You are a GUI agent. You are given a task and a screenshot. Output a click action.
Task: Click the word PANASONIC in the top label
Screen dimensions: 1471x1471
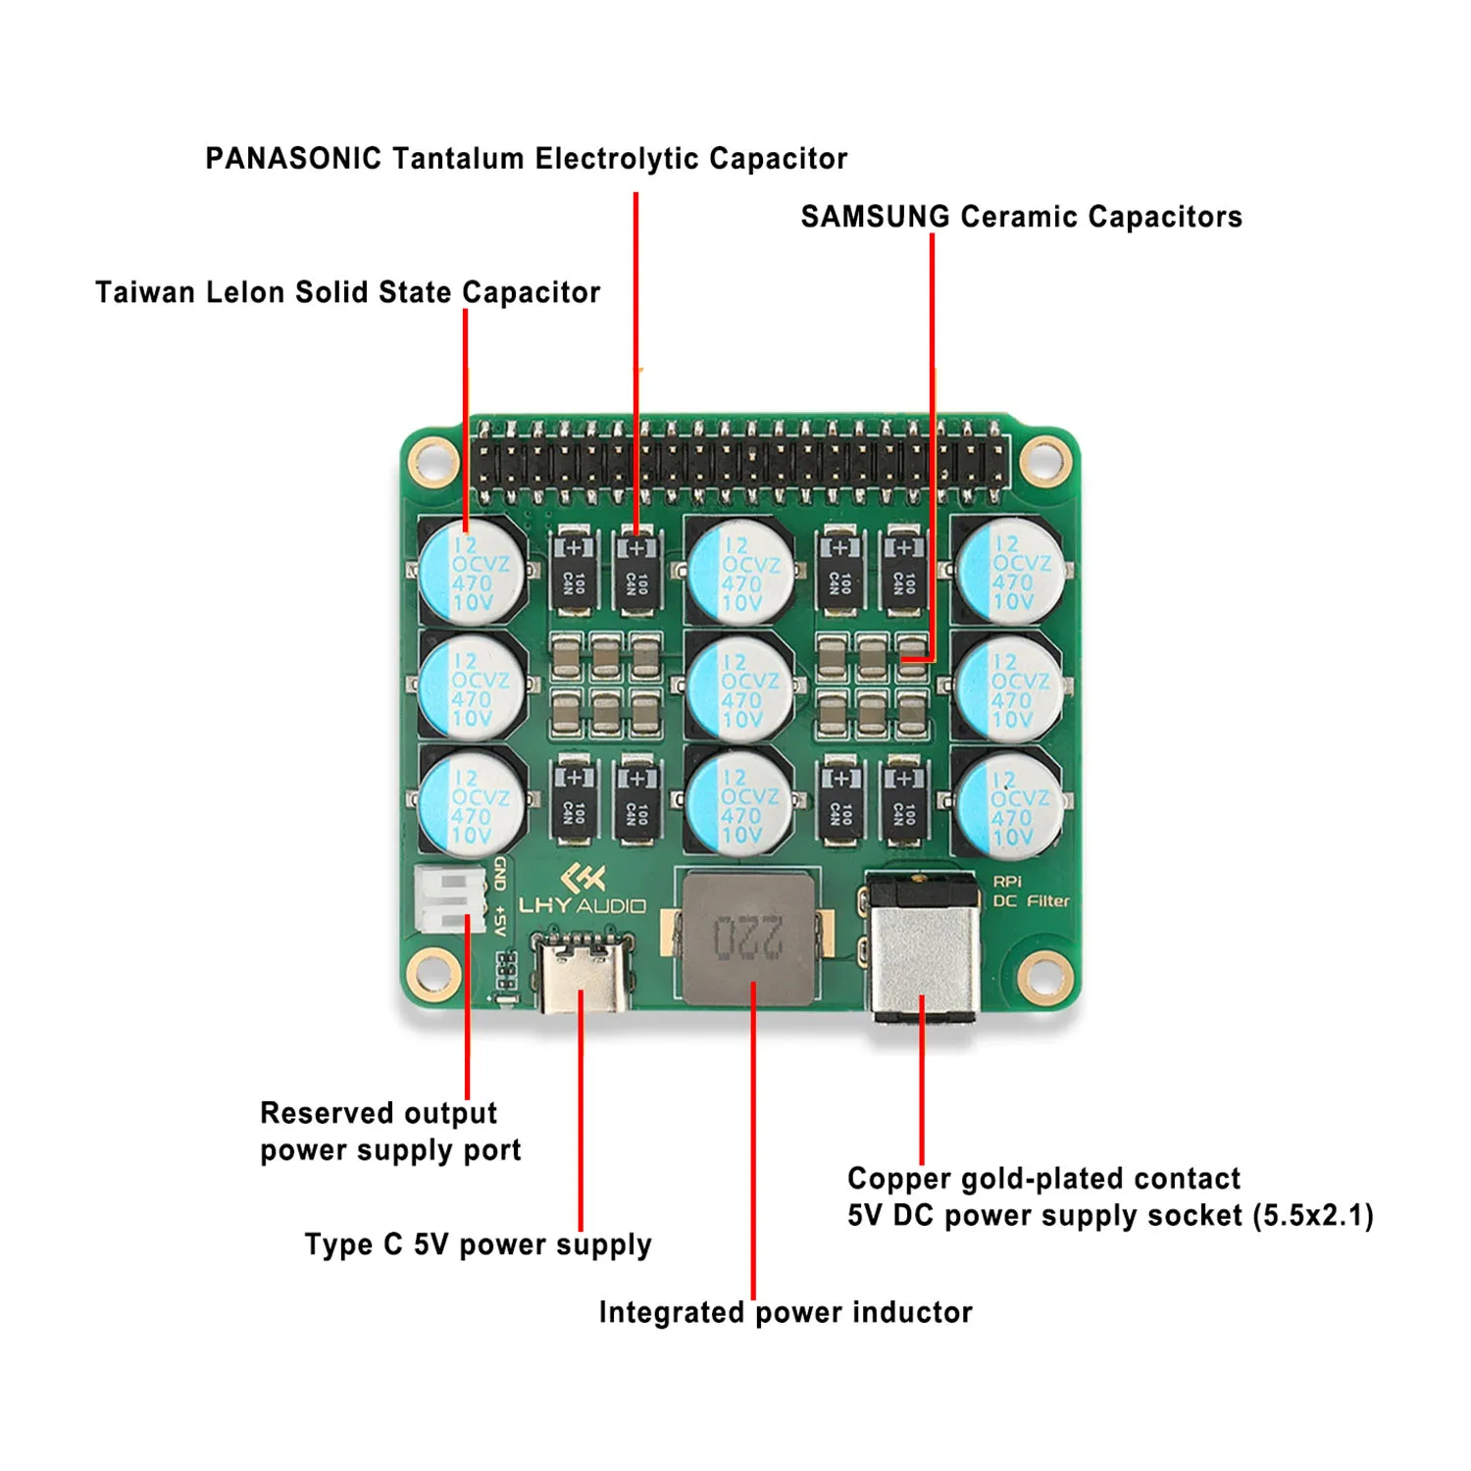pyautogui.click(x=292, y=158)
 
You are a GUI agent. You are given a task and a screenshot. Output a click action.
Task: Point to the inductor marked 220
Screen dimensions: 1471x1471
pyautogui.click(x=748, y=938)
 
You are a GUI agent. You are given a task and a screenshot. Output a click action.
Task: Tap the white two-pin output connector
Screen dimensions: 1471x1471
pyautogui.click(x=449, y=898)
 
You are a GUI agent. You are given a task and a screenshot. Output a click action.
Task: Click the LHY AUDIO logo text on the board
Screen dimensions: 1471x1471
pyautogui.click(x=583, y=904)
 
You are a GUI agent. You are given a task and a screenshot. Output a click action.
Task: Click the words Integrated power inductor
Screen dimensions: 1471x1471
pyautogui.click(x=785, y=1312)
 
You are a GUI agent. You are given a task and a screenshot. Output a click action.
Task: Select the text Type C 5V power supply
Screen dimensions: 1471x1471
pyautogui.click(x=478, y=1244)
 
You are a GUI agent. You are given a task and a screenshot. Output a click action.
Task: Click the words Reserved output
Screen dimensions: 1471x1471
pyautogui.click(x=379, y=1113)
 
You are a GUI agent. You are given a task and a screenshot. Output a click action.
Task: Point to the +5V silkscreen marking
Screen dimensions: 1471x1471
pyautogui.click(x=500, y=923)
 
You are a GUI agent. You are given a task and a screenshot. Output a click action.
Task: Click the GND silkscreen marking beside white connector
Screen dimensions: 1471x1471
pyautogui.click(x=500, y=873)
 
